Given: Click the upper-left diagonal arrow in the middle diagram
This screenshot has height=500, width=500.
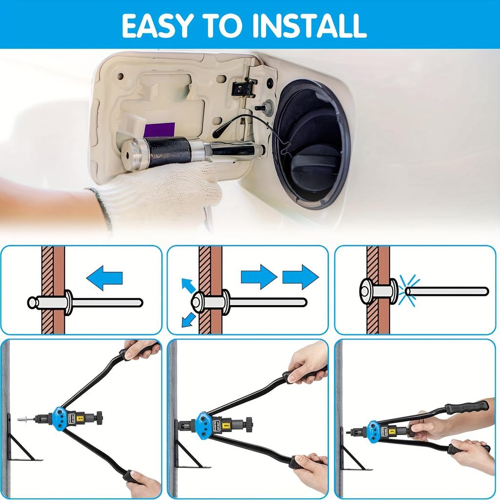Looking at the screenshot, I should point(187,285).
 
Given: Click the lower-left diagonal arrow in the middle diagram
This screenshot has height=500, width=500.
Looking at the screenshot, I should point(188,320).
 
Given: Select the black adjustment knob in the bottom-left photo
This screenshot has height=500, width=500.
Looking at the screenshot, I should point(99,418).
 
